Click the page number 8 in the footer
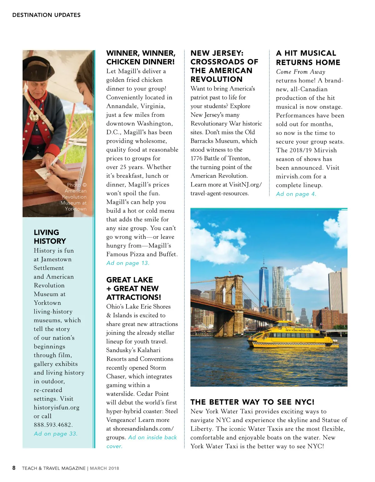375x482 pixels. pos(14,468)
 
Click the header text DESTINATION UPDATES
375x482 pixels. pos(46,15)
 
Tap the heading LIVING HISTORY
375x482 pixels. pos(50,237)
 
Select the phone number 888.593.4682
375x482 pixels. pos(53,425)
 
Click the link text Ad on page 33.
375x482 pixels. pos(56,433)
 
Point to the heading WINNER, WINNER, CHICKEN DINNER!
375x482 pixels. pos(141,58)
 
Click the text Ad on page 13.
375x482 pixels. pos(128,263)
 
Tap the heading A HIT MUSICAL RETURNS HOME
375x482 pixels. pos(308,58)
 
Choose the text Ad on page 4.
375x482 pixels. pos(296,194)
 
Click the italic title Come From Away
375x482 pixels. pos(301,72)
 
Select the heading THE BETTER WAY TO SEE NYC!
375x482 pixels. pos(252,402)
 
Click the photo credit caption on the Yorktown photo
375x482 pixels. pos(74,197)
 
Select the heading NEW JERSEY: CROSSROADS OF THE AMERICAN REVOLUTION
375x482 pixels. pos(224,66)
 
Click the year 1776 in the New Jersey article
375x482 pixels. pos(197,158)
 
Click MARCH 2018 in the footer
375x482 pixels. pos(104,468)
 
